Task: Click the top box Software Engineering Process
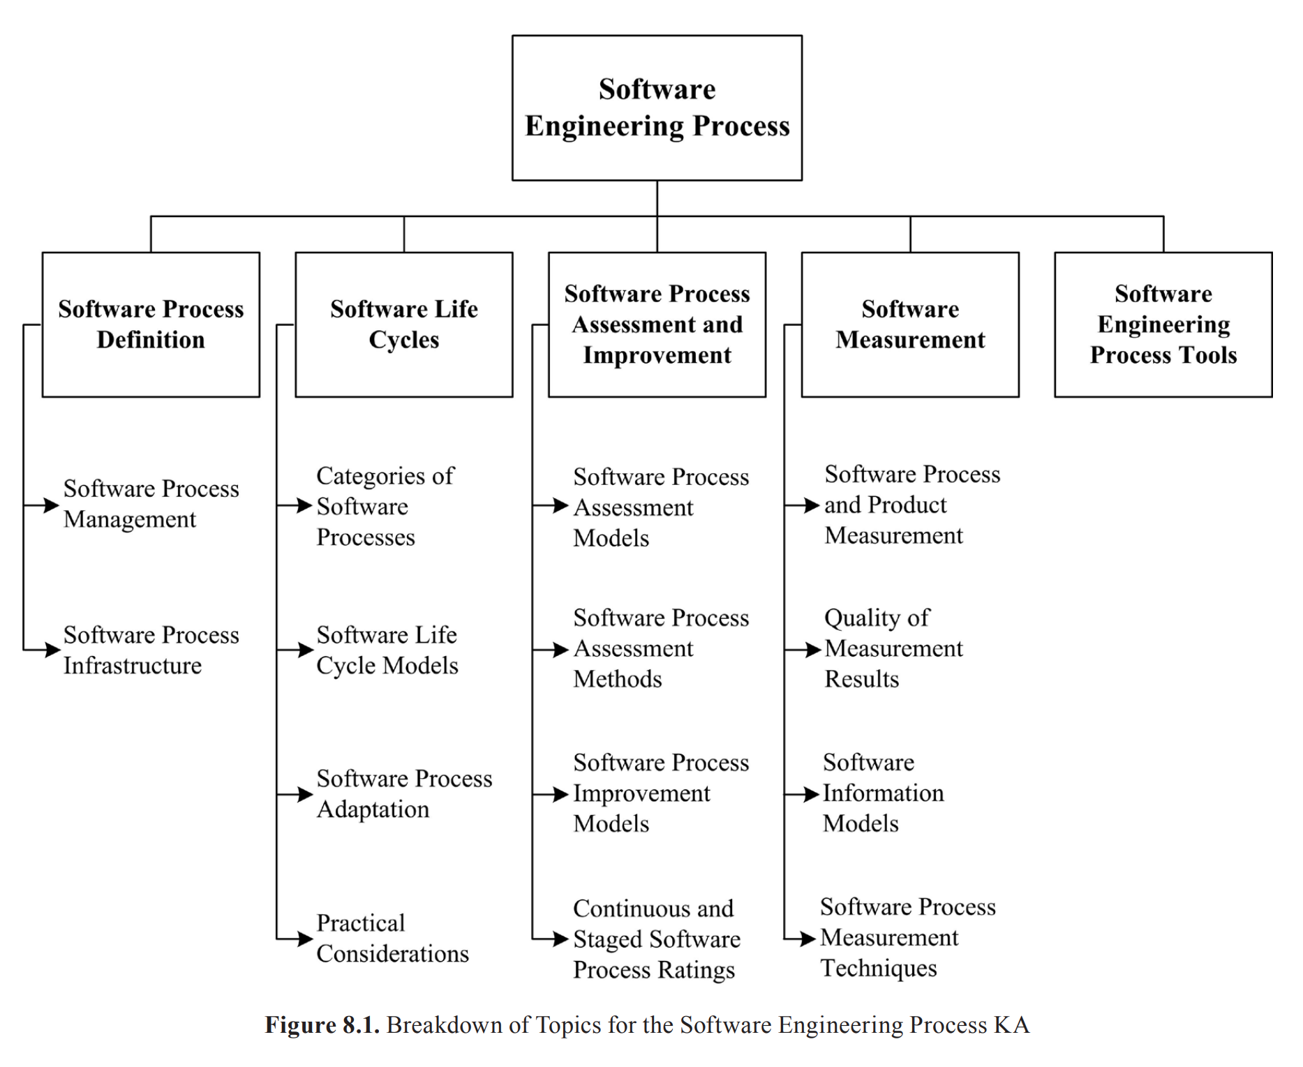point(657,108)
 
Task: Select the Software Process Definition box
point(151,324)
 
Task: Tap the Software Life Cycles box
point(403,324)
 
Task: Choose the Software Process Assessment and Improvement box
point(657,324)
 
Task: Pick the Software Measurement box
point(909,324)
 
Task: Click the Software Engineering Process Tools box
point(1163,324)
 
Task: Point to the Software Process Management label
point(151,504)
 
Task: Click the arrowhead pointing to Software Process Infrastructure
point(53,650)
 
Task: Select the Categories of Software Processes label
point(385,506)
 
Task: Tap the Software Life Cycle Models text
point(387,650)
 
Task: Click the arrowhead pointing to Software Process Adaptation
point(305,794)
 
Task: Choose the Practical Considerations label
point(392,939)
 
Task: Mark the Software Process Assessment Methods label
point(660,648)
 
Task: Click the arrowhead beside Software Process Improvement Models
point(561,794)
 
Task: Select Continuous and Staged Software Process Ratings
point(656,939)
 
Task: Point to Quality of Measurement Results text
point(893,648)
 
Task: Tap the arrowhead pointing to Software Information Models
point(811,794)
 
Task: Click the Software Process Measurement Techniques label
point(907,937)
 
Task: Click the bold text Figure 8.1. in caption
point(322,1025)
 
